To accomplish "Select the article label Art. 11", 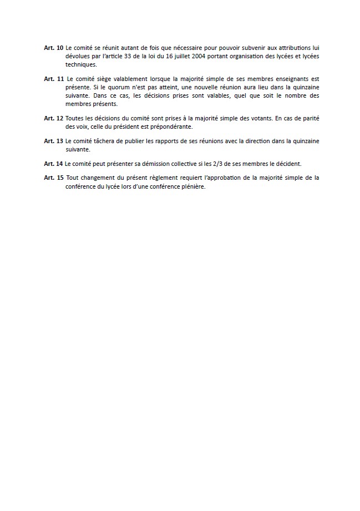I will (54, 79).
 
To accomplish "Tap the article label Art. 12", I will (54, 118).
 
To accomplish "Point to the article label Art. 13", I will (54, 141).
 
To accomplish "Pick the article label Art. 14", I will (54, 164).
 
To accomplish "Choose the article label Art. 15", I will (54, 178).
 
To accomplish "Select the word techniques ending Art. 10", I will (80, 64).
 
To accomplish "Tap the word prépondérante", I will (168, 126).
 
